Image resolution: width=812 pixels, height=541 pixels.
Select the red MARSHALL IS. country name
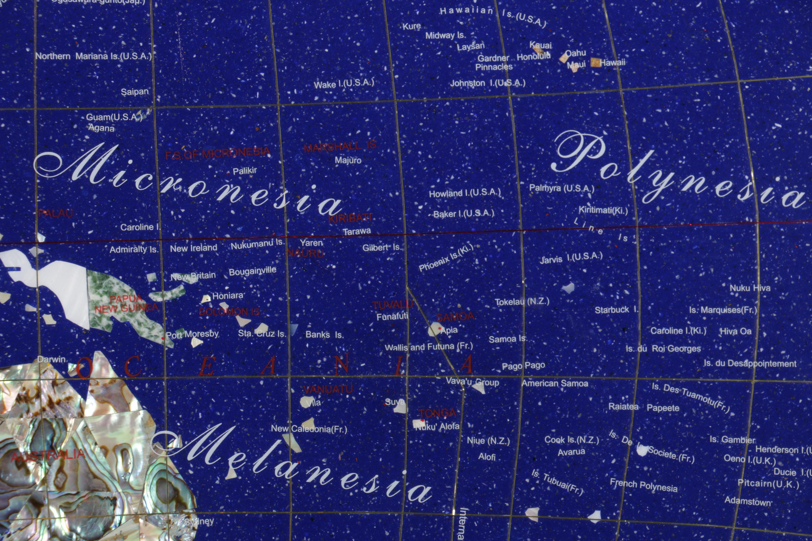[x=340, y=146]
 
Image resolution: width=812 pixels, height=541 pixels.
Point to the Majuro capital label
[x=348, y=160]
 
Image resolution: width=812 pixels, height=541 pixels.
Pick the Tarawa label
[x=357, y=231]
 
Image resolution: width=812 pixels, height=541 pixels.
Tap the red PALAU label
[x=55, y=213]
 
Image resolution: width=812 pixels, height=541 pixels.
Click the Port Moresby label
[x=192, y=334]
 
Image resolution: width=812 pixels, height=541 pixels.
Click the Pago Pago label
[x=523, y=366]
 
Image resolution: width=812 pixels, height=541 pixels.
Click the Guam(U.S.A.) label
[x=114, y=117]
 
